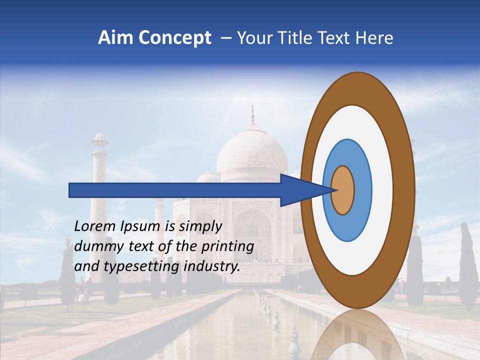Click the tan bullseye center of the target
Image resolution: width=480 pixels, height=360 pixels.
343,190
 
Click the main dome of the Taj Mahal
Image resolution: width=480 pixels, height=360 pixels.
252,152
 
